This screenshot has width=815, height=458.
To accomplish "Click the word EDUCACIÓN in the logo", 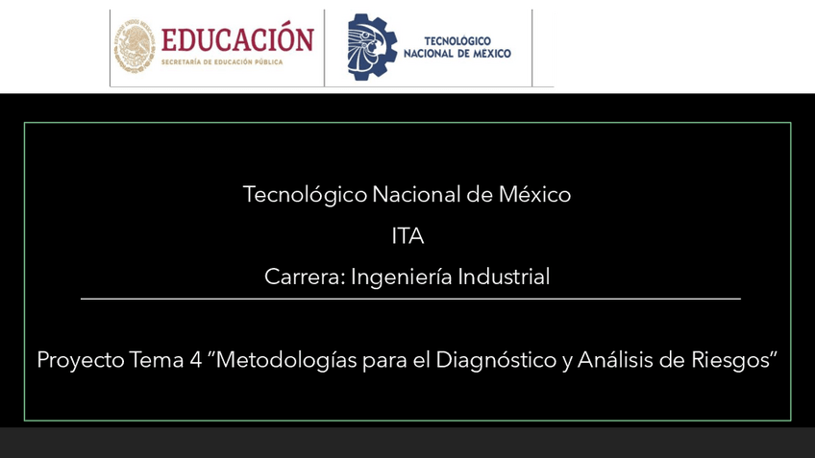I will pyautogui.click(x=237, y=38).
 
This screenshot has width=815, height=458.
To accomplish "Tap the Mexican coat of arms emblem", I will pyautogui.click(x=135, y=46).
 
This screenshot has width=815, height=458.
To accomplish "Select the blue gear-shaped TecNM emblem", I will pyautogui.click(x=371, y=46).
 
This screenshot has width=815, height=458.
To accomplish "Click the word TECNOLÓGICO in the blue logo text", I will pyautogui.click(x=457, y=41).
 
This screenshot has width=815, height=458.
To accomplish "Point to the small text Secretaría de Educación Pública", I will pyautogui.click(x=222, y=61).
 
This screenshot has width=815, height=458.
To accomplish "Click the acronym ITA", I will pyautogui.click(x=407, y=235).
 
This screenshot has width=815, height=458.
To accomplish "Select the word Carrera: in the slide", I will pyautogui.click(x=304, y=277).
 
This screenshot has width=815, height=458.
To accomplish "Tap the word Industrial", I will pyautogui.click(x=504, y=277).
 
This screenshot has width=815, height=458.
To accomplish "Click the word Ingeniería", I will pyautogui.click(x=401, y=277).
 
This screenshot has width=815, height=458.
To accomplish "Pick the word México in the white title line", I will pyautogui.click(x=534, y=194).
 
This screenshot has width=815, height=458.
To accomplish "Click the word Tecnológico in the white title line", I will pyautogui.click(x=305, y=194).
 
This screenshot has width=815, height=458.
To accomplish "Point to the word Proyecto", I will pyautogui.click(x=81, y=360).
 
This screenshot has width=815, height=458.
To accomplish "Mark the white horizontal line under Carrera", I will pyautogui.click(x=410, y=300).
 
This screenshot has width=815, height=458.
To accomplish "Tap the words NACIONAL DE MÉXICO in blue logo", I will pyautogui.click(x=457, y=54).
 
